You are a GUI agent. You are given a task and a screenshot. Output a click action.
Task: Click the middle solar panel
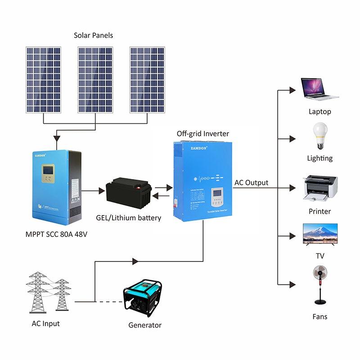pyautogui.click(x=95, y=80)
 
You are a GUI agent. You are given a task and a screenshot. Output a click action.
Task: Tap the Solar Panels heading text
pyautogui.click(x=93, y=35)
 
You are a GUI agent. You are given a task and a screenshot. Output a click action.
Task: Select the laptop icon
pyautogui.click(x=319, y=89)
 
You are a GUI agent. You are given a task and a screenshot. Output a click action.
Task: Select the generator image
pyautogui.click(x=143, y=298)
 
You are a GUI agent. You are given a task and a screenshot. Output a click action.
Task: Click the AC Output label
pyautogui.click(x=251, y=183)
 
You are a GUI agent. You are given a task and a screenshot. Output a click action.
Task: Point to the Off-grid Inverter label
pyautogui.click(x=203, y=134)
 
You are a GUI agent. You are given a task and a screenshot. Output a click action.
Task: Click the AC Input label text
pyautogui.click(x=45, y=324)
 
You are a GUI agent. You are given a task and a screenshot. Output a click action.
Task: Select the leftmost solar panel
pyautogui.click(x=43, y=80)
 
